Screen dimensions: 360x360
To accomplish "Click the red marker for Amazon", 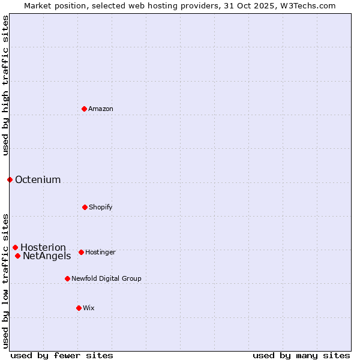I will coord(84,109).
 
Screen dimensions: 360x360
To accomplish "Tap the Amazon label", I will coord(101,109).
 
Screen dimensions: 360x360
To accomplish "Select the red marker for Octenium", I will coord(10,179).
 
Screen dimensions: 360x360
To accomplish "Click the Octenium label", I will coord(38,179).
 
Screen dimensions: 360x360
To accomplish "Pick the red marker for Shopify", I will coord(85,207).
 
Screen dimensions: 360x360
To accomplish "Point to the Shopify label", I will coord(101,207).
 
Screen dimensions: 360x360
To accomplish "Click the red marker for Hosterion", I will coord(15,247).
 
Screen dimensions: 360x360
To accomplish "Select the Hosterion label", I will coord(43,248).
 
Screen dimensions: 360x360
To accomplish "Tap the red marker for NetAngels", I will coord(17,256).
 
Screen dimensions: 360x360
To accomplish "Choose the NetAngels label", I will coord(47,256).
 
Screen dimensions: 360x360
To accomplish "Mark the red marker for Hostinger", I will coord(81,252).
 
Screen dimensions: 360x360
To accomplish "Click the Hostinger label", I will coord(100,252).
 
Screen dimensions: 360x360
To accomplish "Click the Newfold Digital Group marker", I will coord(67,278).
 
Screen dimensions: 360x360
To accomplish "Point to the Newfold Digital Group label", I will coord(106,278).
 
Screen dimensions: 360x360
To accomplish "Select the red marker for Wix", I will coord(79,308).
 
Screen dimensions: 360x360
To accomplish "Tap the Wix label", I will coord(89,308).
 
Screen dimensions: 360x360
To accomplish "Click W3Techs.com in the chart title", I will coord(310,5).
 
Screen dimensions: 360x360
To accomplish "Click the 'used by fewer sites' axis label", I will coord(62,355).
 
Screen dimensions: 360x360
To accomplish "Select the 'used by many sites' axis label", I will coord(301,355).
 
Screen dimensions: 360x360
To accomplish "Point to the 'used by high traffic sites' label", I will coord(5,85).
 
